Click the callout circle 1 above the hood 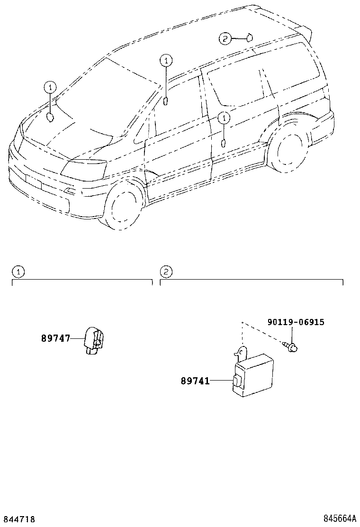50,87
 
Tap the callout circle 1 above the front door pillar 166,60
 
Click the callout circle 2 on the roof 225,38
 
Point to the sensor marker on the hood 51,118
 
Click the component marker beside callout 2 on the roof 249,36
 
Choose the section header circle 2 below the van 166,272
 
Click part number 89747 55,338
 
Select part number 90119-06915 296,322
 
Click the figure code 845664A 340,519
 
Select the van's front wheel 124,206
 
